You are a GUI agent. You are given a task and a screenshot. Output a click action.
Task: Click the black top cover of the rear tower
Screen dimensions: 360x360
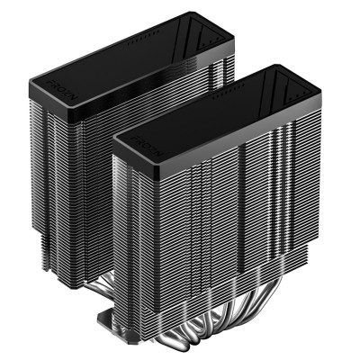click(x=135, y=54)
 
